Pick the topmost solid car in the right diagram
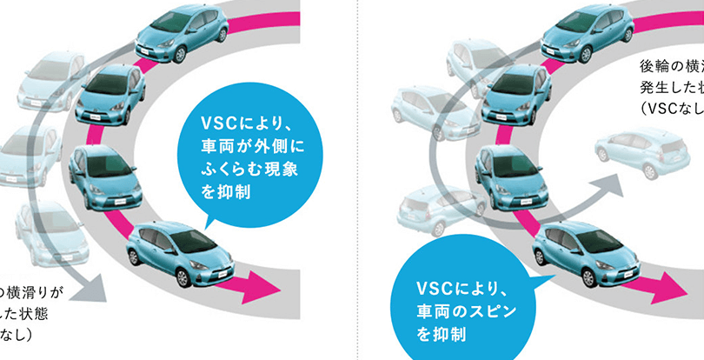(581, 35)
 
